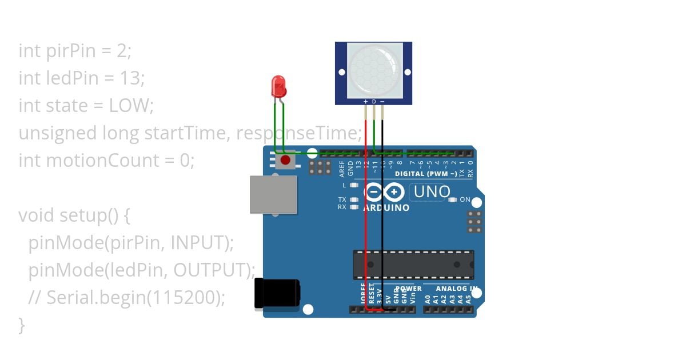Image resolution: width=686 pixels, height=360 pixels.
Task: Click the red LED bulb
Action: point(279,86)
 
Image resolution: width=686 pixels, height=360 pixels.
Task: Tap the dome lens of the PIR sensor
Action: point(374,70)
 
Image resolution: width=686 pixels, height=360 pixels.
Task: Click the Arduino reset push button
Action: point(285,161)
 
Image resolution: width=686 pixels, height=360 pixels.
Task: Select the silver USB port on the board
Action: point(273,194)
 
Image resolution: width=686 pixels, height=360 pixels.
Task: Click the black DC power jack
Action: point(277,294)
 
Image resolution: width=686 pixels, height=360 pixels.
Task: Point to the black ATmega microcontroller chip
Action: point(413,265)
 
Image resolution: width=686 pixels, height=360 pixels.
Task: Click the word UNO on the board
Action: point(432,192)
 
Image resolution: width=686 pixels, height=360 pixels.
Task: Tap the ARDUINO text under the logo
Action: point(386,208)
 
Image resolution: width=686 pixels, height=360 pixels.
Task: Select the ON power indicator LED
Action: point(453,200)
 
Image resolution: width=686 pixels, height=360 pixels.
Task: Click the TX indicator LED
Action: point(354,199)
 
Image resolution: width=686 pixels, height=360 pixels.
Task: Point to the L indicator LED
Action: point(354,185)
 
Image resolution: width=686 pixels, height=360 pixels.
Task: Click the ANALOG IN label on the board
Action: point(453,289)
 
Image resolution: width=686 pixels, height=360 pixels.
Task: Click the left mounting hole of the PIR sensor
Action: point(342,72)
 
